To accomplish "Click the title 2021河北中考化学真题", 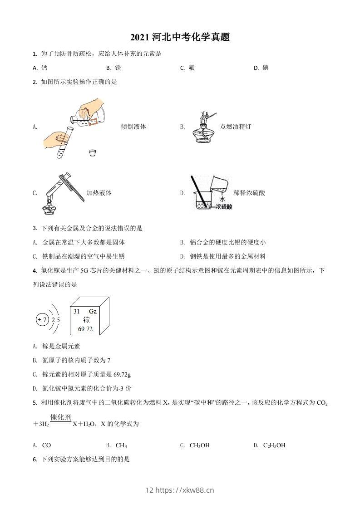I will [x=180, y=37].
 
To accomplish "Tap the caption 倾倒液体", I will [x=133, y=127].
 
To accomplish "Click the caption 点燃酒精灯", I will [x=235, y=127].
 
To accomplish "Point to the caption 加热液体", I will [x=99, y=193].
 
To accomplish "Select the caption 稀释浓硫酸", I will [x=249, y=193].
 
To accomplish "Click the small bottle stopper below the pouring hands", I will [x=93, y=152].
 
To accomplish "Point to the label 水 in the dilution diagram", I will [x=222, y=199].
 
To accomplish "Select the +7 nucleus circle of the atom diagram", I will [x=42, y=320].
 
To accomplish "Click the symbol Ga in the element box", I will [x=93, y=312].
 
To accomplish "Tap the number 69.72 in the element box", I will [x=85, y=329].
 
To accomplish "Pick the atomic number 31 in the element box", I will [x=76, y=312].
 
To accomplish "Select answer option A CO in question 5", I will [x=42, y=445].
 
